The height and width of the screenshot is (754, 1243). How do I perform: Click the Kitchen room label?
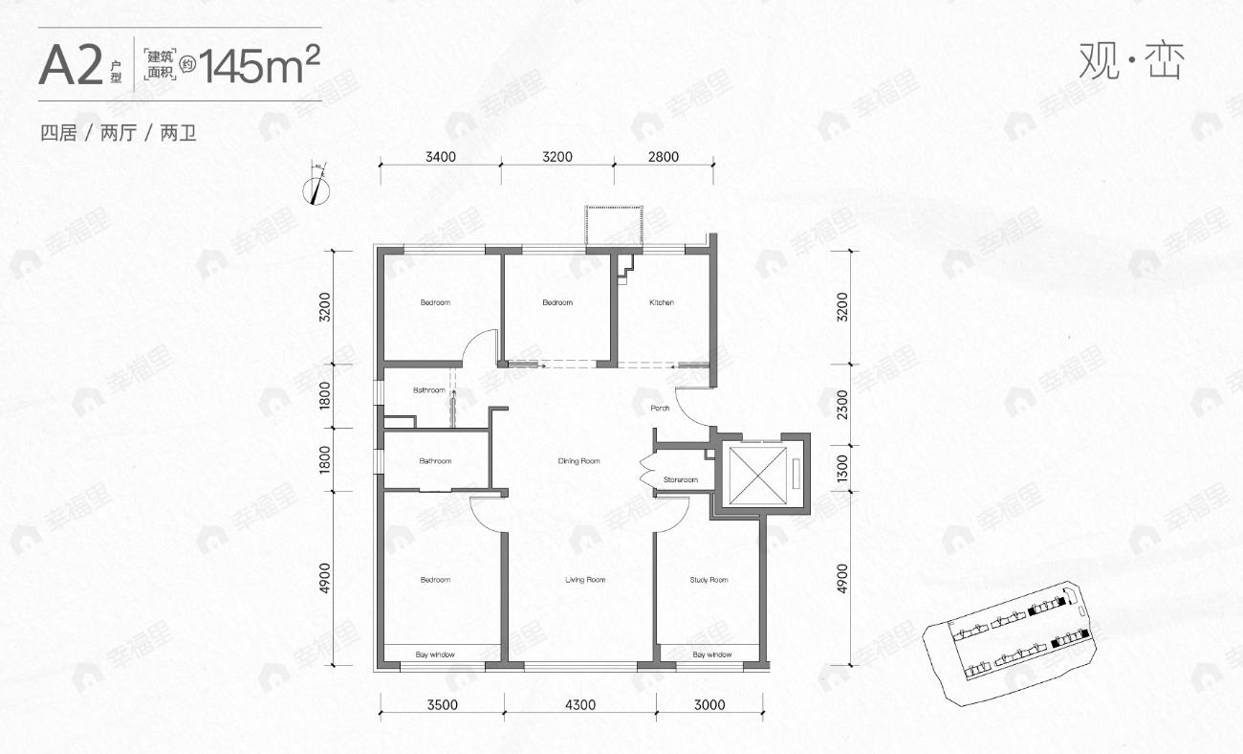pos(662,302)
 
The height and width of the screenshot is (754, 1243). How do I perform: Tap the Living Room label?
pos(584,580)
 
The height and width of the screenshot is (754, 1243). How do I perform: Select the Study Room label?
pos(709,580)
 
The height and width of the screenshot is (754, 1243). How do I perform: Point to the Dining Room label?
pos(578,461)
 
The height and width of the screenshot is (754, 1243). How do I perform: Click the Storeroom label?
pos(681,479)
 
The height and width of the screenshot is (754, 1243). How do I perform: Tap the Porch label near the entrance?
pos(660,409)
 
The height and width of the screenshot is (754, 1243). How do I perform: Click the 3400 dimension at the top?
pos(441,157)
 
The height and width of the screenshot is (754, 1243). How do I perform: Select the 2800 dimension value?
pos(662,157)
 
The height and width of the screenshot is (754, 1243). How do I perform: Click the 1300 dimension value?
pos(841,469)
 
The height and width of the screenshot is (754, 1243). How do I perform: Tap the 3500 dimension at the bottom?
pos(442,705)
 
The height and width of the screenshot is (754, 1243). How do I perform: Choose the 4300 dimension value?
pos(579,705)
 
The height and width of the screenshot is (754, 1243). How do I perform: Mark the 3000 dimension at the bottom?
pos(709,705)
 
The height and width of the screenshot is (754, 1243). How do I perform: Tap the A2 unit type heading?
pos(71,66)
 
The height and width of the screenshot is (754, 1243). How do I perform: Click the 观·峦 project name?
pos(1131,62)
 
